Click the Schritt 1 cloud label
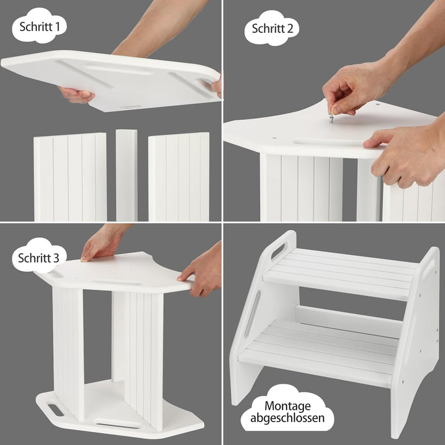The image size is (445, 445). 39,25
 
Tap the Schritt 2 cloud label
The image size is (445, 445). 272,28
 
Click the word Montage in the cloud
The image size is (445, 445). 287,406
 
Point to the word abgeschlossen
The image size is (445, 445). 287,418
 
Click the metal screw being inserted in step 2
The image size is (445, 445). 331,117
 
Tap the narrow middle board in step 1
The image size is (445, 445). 127,175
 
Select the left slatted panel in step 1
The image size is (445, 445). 70,177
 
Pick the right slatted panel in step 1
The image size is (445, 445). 179,177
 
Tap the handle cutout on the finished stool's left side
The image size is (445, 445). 278,250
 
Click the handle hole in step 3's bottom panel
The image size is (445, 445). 56,410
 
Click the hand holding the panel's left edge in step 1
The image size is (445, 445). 76,95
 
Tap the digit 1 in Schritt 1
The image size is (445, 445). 57,27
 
